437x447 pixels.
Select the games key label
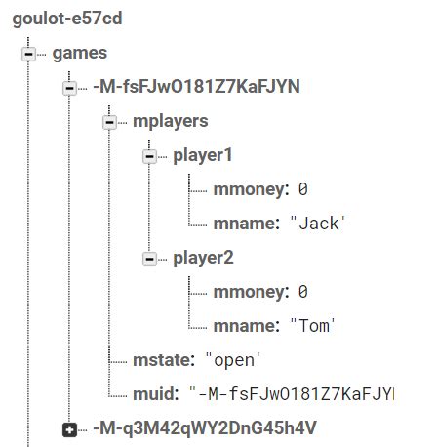pos(80,53)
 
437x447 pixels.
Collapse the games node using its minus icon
pos(28,54)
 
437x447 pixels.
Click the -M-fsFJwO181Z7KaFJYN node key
pos(195,87)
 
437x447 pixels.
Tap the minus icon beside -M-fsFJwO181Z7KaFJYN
pos(68,88)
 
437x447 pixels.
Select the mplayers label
pos(171,121)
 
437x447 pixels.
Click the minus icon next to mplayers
pos(109,122)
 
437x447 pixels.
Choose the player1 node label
pos(203,155)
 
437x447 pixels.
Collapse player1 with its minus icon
pos(149,156)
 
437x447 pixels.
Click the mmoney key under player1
pos(251,189)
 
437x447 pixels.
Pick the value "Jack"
pos(319,223)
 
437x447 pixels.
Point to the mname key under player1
pos(246,223)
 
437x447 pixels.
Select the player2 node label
pos(203,258)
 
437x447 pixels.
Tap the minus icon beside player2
pos(149,259)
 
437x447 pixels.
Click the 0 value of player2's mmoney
pos(303,292)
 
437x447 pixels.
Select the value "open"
pos(234,360)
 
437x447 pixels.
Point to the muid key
pos(156,394)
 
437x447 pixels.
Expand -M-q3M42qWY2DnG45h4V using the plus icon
pos(68,429)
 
